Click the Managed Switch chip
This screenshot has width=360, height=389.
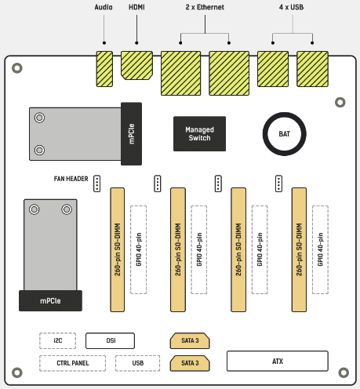tap(199, 133)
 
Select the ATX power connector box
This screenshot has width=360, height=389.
tap(278, 361)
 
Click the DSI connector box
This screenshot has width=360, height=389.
tap(110, 340)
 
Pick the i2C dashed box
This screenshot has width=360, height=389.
tap(58, 340)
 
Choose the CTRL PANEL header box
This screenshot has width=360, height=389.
tap(73, 363)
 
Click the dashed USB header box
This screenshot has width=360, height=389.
tap(137, 363)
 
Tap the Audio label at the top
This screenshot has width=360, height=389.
tap(104, 7)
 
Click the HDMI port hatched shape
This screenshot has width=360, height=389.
tap(136, 65)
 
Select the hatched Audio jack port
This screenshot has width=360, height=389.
tap(104, 69)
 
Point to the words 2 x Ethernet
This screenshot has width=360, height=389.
tap(205, 7)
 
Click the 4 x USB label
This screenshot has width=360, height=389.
tap(291, 7)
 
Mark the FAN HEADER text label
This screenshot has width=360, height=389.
tap(71, 179)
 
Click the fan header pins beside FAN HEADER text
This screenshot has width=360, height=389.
tap(97, 184)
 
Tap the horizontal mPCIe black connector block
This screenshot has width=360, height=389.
tap(50, 300)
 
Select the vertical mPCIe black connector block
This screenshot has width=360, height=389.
tap(132, 134)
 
